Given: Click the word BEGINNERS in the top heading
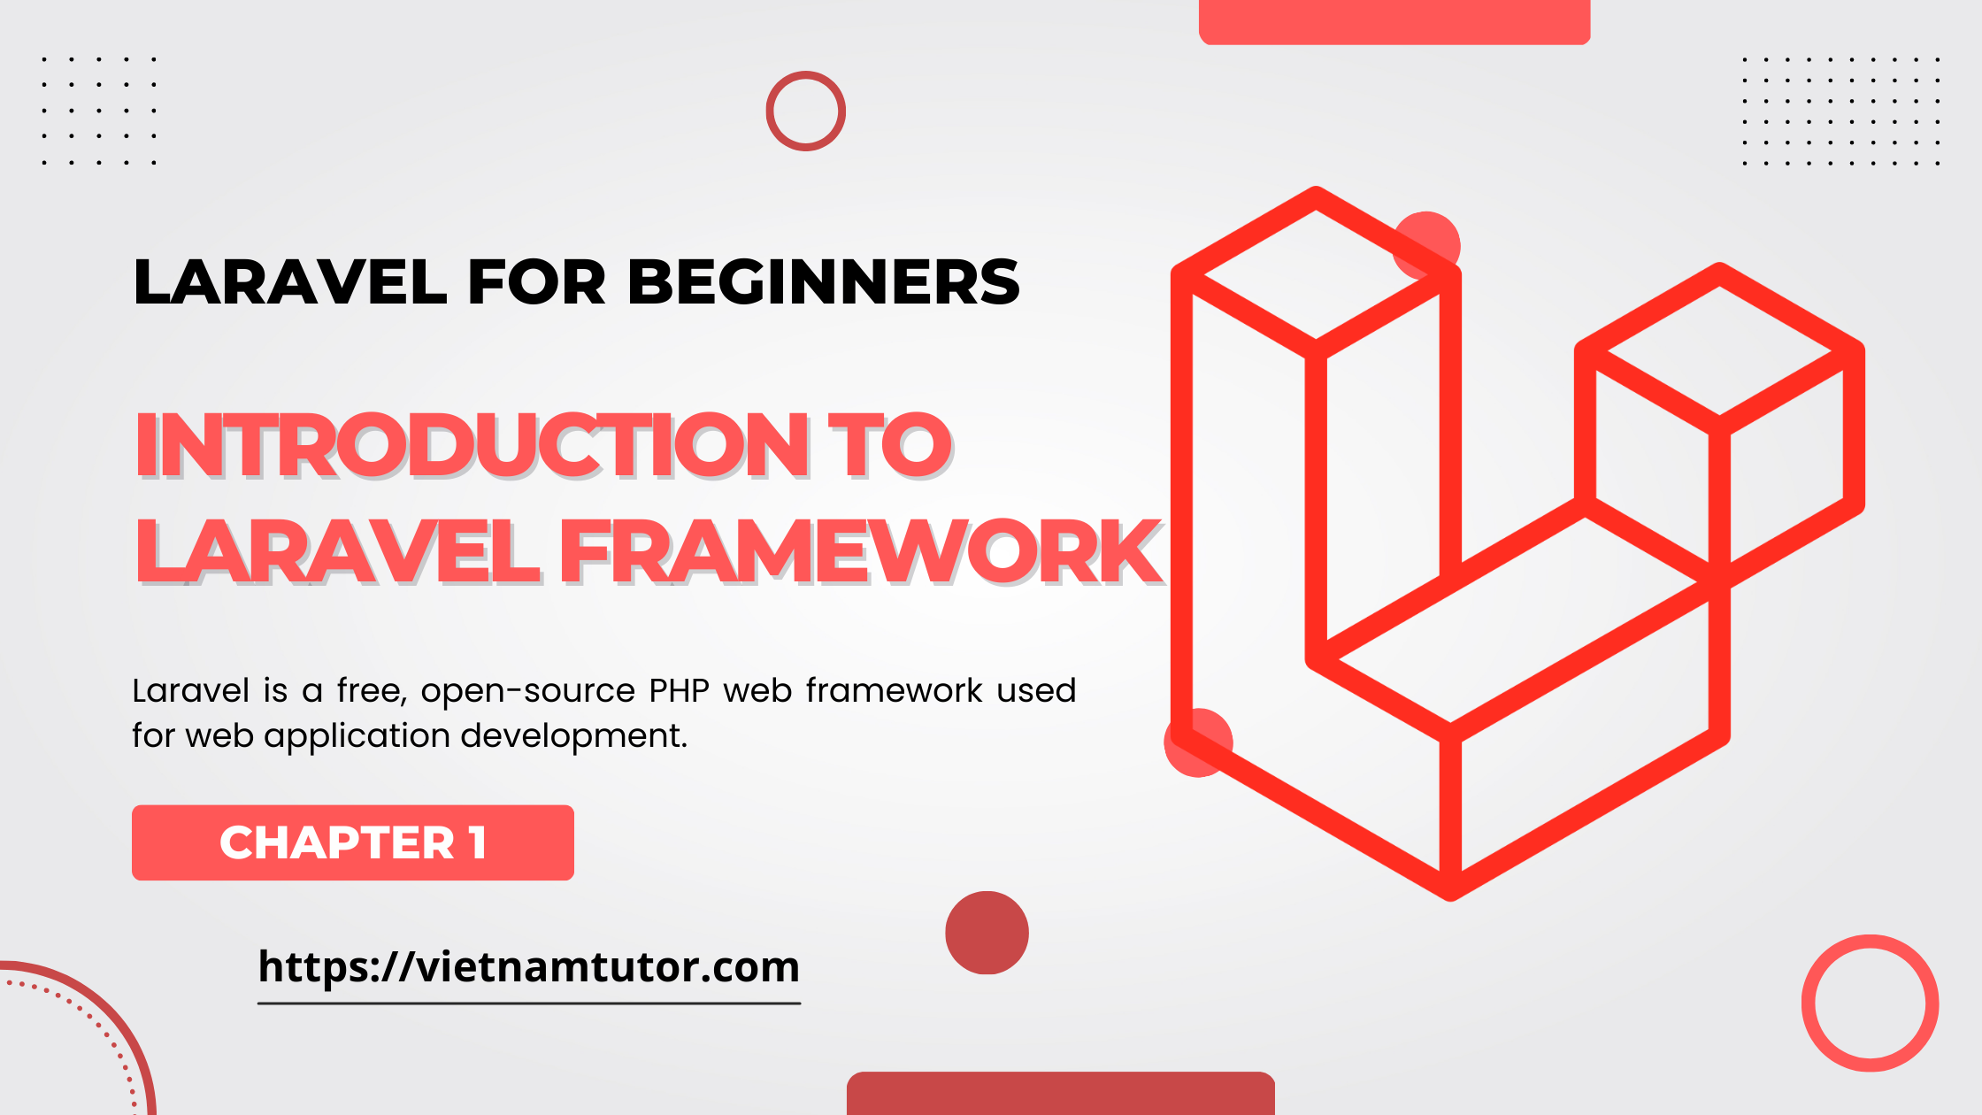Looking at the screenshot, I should point(823,283).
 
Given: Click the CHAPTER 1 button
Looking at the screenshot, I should point(353,842).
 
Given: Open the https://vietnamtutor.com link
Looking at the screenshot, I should point(528,967).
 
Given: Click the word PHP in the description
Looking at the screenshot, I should point(679,691).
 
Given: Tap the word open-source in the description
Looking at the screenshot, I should point(528,691).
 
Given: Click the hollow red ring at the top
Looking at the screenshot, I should point(805,111).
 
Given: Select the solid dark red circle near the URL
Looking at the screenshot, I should point(987,933).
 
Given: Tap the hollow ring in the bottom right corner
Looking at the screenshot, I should point(1870,1003).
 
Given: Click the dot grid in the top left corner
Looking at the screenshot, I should point(99,111).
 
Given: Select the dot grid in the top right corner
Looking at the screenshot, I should point(1840,111).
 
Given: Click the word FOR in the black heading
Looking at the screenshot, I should point(536,283).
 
